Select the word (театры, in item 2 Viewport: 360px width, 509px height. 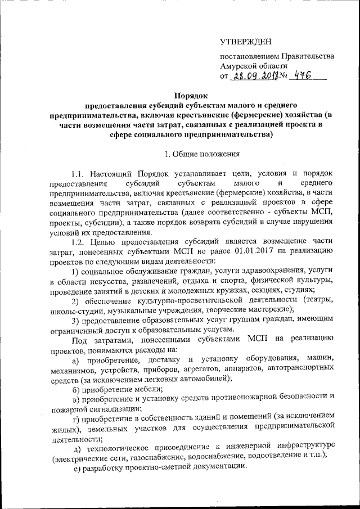tap(317, 300)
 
